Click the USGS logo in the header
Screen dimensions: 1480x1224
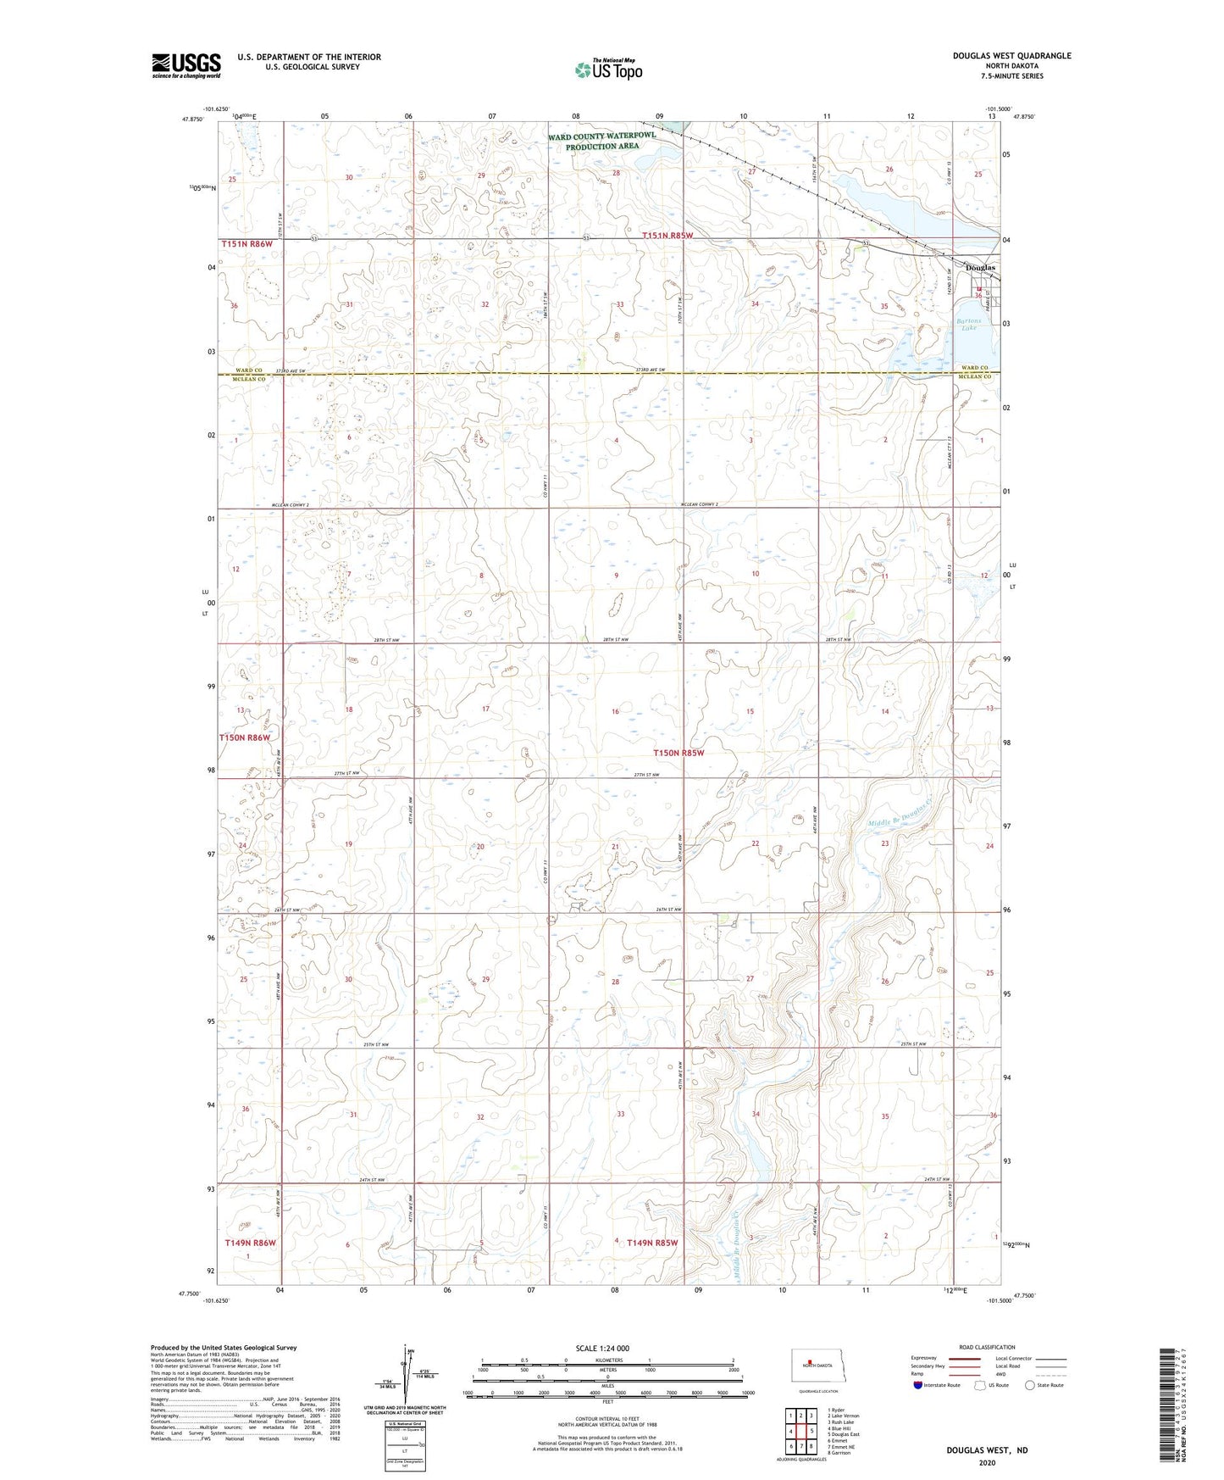(x=186, y=64)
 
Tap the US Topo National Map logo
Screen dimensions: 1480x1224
(x=606, y=70)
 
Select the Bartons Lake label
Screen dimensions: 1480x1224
(x=968, y=325)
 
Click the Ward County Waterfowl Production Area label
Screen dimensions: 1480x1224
(x=601, y=141)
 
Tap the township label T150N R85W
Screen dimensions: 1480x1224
(x=678, y=753)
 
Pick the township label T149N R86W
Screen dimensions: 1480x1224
(x=251, y=1243)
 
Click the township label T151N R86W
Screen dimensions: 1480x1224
(x=247, y=244)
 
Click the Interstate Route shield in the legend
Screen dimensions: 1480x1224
(x=920, y=1385)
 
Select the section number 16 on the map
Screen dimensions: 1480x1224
(x=616, y=711)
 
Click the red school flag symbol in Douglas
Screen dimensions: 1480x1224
(x=979, y=290)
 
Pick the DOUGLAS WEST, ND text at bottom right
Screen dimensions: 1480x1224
(x=987, y=1449)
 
